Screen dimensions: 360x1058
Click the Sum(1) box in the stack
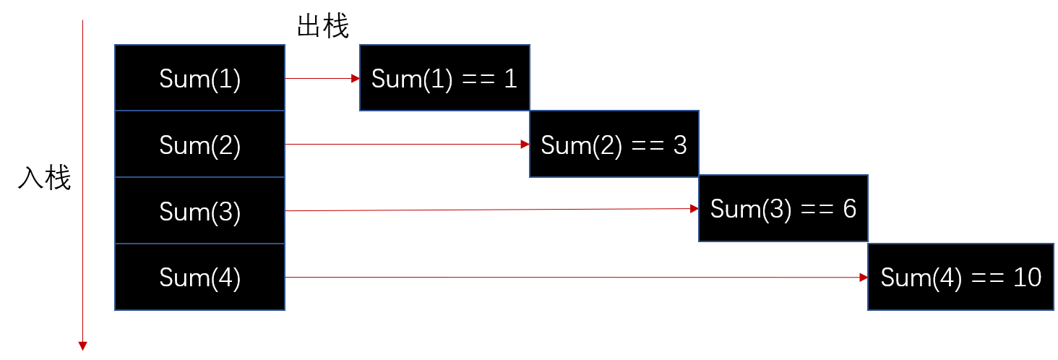(x=199, y=78)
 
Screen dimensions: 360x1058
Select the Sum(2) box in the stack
(x=199, y=145)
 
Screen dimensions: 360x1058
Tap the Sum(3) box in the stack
(x=199, y=211)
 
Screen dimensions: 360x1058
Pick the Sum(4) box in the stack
(x=199, y=278)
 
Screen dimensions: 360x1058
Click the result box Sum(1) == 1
(x=444, y=78)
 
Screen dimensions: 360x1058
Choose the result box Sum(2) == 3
(x=614, y=145)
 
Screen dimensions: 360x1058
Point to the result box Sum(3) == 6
(x=783, y=209)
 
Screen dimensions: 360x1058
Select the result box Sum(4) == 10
(x=961, y=278)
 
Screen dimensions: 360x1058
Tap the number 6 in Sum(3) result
(x=848, y=209)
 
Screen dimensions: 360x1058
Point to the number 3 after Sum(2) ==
(x=679, y=145)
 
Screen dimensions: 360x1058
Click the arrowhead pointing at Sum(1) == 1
(x=356, y=78)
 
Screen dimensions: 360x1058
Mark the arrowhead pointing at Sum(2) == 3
(x=525, y=145)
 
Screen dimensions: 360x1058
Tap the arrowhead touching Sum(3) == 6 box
(x=694, y=209)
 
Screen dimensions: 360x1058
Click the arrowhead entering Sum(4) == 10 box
(x=864, y=278)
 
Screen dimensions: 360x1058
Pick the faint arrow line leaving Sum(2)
(x=405, y=145)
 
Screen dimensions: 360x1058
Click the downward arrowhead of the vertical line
(x=83, y=346)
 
